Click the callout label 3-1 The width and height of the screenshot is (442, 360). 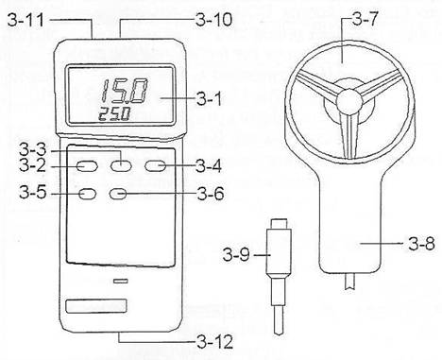pyautogui.click(x=209, y=99)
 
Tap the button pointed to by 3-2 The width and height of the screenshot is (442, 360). pyautogui.click(x=87, y=166)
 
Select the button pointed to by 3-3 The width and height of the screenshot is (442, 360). pyautogui.click(x=121, y=165)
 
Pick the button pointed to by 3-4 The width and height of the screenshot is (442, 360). pyautogui.click(x=155, y=166)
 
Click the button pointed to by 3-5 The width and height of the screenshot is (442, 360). pyautogui.click(x=87, y=194)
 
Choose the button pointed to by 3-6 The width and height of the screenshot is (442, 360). pyautogui.click(x=118, y=194)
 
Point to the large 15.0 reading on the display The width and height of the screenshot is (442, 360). pyautogui.click(x=124, y=92)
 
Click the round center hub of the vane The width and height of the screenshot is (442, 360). pyautogui.click(x=349, y=101)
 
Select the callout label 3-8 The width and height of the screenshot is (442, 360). pyautogui.click(x=421, y=244)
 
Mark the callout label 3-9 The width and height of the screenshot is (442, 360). pyautogui.click(x=236, y=254)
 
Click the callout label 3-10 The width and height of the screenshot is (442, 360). pyautogui.click(x=213, y=20)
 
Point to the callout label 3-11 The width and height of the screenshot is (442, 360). pyautogui.click(x=25, y=20)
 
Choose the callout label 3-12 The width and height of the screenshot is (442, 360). pyautogui.click(x=215, y=342)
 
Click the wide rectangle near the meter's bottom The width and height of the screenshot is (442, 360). pyautogui.click(x=96, y=306)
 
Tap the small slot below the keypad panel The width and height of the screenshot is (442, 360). pyautogui.click(x=121, y=281)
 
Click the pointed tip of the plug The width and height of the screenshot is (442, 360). pyautogui.click(x=279, y=334)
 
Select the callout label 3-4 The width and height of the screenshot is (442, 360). pyautogui.click(x=209, y=166)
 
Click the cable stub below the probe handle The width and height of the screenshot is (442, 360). pyautogui.click(x=349, y=283)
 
